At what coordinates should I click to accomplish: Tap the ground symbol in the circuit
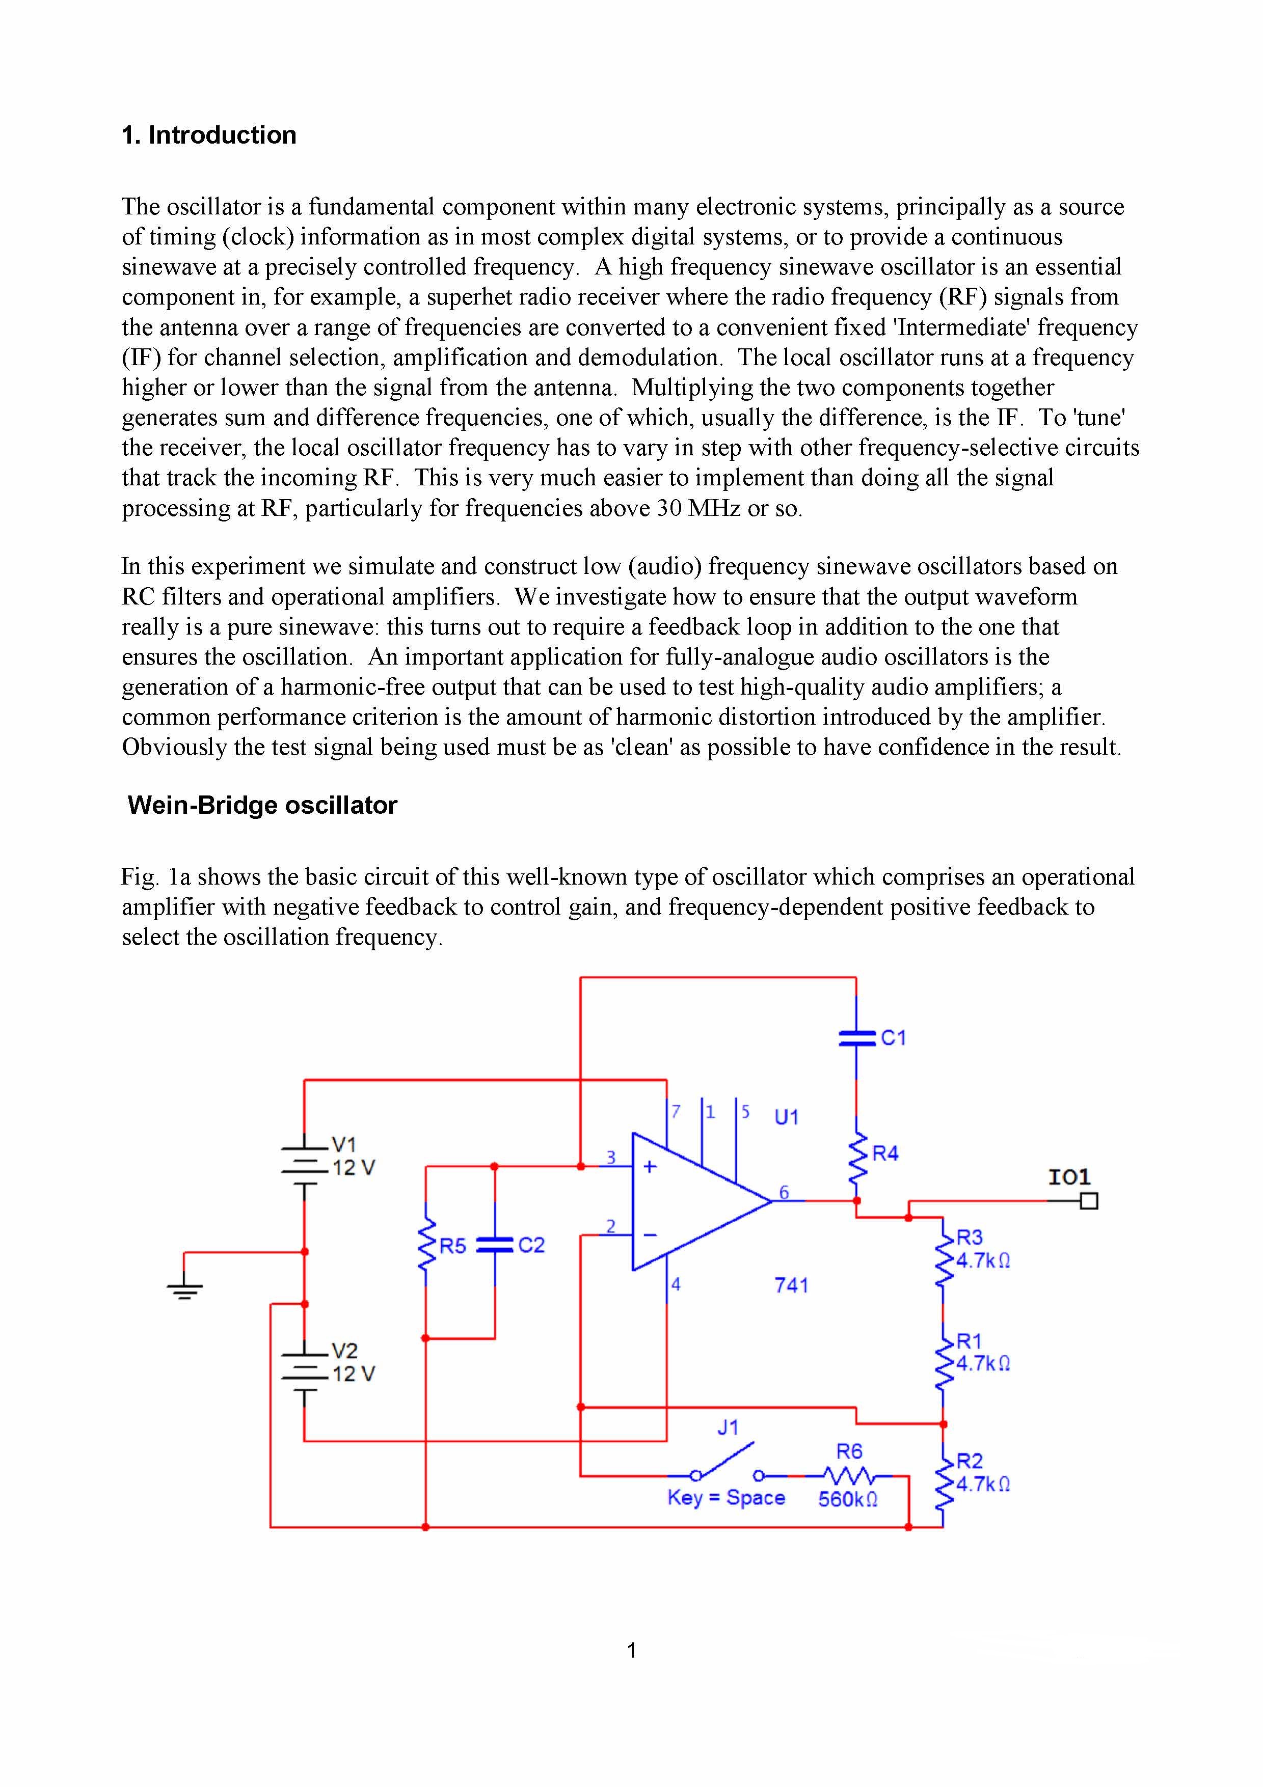pyautogui.click(x=184, y=1289)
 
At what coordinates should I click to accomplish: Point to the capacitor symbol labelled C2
pyautogui.click(x=495, y=1245)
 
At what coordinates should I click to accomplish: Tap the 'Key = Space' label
pyautogui.click(x=725, y=1498)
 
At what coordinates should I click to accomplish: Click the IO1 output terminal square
pyautogui.click(x=1089, y=1201)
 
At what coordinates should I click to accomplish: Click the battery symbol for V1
pyautogui.click(x=305, y=1166)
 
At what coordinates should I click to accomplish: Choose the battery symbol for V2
pyautogui.click(x=305, y=1371)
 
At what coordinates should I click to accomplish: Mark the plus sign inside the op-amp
pyautogui.click(x=650, y=1167)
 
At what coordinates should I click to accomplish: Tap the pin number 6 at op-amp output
pyautogui.click(x=784, y=1192)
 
